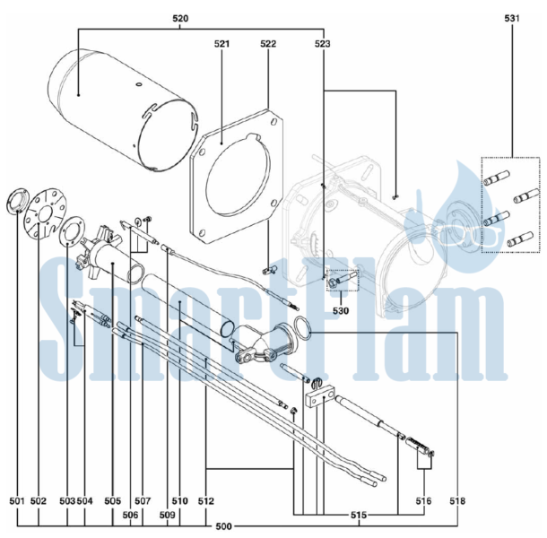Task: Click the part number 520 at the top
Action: [x=180, y=19]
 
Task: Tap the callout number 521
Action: [x=221, y=44]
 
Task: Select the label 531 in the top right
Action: [x=512, y=19]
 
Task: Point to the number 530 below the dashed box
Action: [x=341, y=310]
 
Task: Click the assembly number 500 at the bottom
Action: [x=223, y=526]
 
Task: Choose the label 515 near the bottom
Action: [x=359, y=515]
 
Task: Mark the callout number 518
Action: [x=457, y=501]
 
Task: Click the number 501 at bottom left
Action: [x=17, y=501]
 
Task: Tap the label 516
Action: [x=424, y=501]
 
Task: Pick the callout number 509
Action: [x=169, y=515]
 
